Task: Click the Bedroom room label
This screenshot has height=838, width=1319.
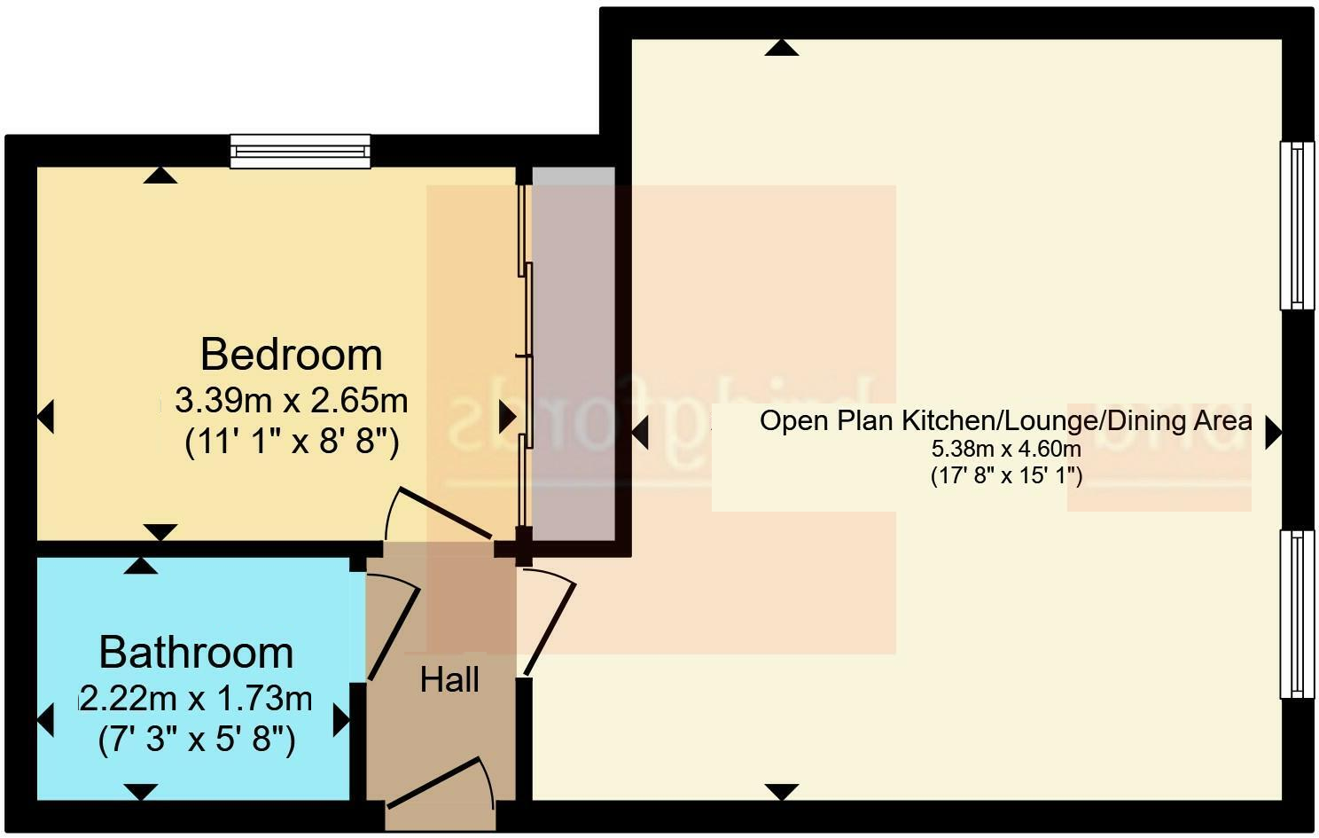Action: [x=291, y=355]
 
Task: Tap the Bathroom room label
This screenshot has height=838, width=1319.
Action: [x=196, y=653]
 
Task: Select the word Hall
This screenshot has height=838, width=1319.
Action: [x=449, y=680]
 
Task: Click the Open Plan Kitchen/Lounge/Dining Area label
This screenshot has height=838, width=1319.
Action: [x=1005, y=420]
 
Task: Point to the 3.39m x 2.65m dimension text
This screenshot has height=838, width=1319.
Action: [x=291, y=401]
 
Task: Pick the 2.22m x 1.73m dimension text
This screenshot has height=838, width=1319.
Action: [x=196, y=699]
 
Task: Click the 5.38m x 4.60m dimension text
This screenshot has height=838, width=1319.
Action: [x=1005, y=449]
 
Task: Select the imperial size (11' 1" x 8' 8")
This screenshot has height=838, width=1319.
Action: [x=292, y=441]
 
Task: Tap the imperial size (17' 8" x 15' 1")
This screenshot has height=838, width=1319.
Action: [x=1006, y=475]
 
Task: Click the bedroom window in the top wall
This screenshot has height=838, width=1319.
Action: [x=300, y=152]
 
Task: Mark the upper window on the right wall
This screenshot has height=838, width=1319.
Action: [x=1297, y=225]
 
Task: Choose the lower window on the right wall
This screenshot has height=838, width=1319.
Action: [x=1297, y=614]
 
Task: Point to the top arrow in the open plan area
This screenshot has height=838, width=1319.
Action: [x=781, y=48]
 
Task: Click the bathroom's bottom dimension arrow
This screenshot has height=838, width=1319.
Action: [x=141, y=791]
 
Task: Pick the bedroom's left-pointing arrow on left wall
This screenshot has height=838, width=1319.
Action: [x=46, y=416]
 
